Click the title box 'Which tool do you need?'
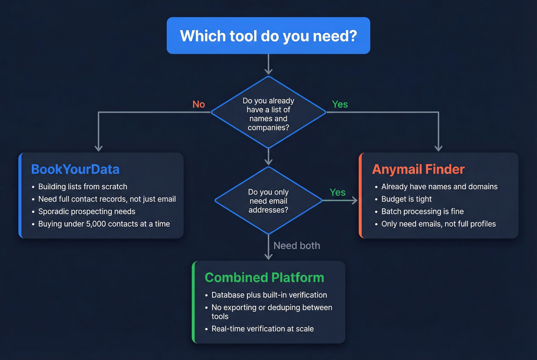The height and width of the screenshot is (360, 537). [x=268, y=36]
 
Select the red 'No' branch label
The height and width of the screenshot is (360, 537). [x=199, y=104]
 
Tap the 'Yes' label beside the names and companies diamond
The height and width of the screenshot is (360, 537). [x=340, y=104]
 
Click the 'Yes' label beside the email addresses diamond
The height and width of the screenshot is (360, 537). [x=338, y=192]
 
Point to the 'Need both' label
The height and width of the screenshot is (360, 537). [x=297, y=246]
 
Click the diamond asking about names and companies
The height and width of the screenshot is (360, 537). [x=268, y=114]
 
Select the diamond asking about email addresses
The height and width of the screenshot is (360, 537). [x=268, y=201]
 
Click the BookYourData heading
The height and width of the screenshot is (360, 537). [x=75, y=169]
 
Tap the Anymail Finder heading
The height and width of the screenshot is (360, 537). [x=418, y=169]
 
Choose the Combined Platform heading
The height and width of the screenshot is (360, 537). [x=264, y=278]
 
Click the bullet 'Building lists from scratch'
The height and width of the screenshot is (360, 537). [x=82, y=187]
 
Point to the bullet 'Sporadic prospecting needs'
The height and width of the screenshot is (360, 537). [x=87, y=212]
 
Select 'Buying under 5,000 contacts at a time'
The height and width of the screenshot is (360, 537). [x=104, y=224]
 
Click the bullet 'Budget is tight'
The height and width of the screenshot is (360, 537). [x=406, y=199]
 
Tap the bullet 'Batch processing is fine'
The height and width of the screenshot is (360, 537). [x=422, y=212]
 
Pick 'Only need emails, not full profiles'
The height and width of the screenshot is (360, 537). [x=438, y=224]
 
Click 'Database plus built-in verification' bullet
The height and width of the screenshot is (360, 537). [x=269, y=295]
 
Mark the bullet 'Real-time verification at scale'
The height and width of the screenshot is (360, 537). [x=262, y=329]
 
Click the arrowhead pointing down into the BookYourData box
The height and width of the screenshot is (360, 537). [x=99, y=148]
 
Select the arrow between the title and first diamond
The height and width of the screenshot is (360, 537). [x=268, y=64]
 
